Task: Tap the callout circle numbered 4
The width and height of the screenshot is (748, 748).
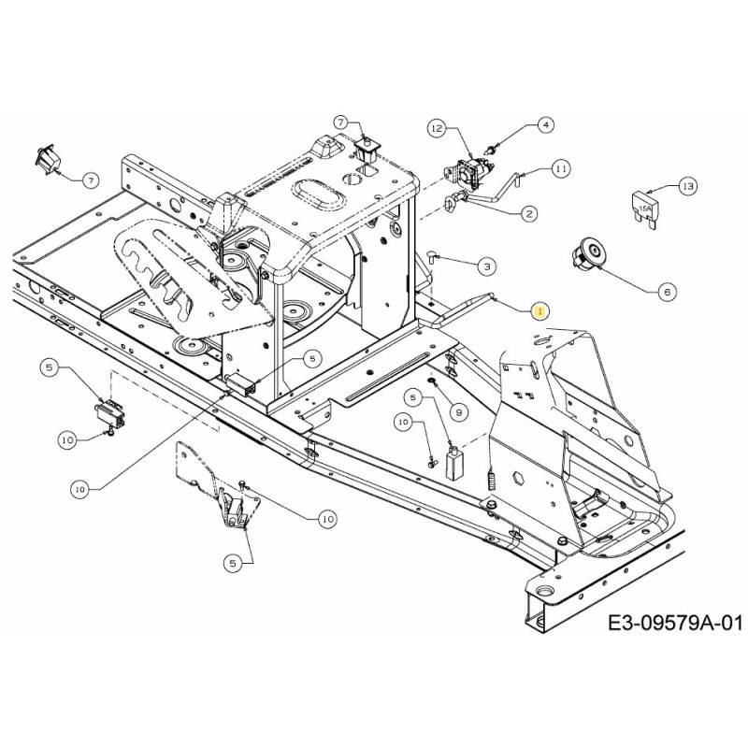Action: tap(546, 123)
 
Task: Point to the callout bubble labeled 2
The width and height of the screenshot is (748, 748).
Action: tap(530, 214)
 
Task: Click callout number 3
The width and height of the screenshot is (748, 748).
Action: tap(486, 267)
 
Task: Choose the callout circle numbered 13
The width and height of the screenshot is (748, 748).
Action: tap(687, 186)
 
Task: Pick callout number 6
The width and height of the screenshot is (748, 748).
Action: tap(667, 292)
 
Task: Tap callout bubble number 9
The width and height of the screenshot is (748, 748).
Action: tap(457, 411)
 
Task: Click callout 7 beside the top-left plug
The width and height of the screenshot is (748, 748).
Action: tap(90, 179)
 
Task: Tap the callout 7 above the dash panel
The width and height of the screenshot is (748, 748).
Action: tap(341, 122)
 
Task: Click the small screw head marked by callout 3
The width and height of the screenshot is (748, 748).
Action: tap(434, 256)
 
